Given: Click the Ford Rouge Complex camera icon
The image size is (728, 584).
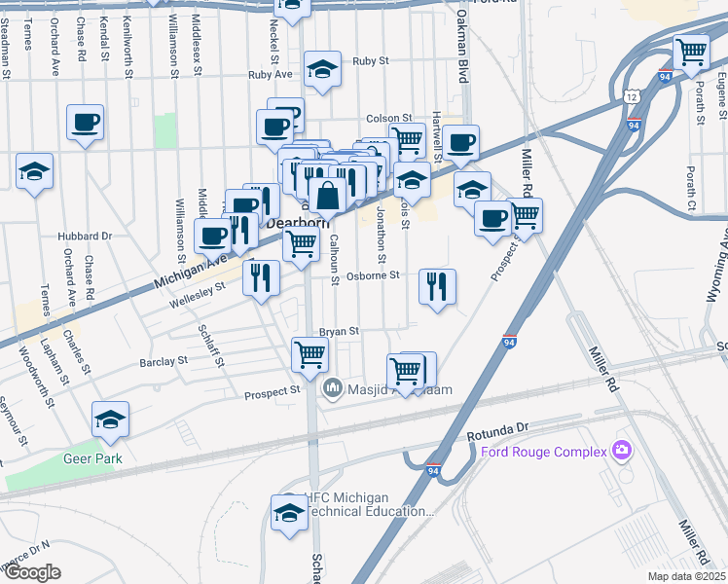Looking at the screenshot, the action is [x=620, y=451].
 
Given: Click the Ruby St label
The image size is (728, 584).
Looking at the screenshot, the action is [x=371, y=60].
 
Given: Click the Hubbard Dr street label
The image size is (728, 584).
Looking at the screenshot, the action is [x=85, y=236].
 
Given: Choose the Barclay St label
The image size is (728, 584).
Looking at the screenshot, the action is [x=163, y=361].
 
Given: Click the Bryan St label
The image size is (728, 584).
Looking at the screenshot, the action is [x=340, y=331].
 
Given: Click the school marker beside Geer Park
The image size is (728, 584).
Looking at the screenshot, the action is [x=111, y=420].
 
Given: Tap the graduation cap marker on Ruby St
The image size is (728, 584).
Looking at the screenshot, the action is [x=322, y=69].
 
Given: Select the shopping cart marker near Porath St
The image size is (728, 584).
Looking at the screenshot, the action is [x=691, y=53].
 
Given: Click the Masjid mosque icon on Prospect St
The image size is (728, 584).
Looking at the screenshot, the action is [x=333, y=388].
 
